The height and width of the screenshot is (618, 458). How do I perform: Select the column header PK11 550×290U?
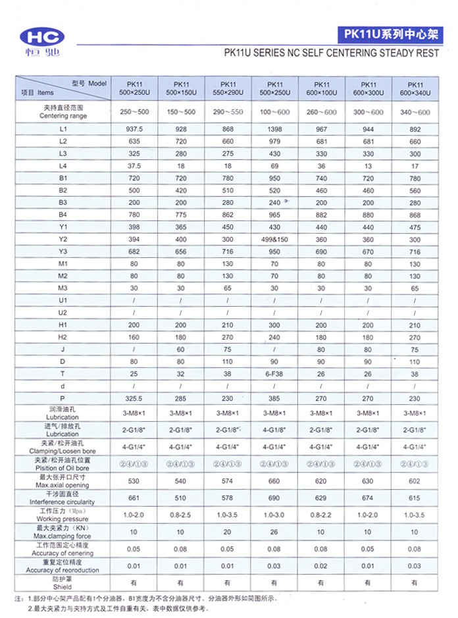point(228,89)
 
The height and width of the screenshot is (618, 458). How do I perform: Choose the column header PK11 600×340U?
point(415,89)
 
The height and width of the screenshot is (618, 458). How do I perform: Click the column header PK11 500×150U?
point(181,89)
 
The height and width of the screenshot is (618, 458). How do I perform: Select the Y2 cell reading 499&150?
point(275,238)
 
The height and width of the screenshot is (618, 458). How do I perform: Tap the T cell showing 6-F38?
point(275,374)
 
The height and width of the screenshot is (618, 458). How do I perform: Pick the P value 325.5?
point(134,398)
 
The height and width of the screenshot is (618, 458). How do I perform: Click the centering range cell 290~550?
point(228,112)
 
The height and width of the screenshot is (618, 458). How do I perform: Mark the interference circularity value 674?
point(368,498)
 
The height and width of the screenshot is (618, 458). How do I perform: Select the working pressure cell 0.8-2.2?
point(321,515)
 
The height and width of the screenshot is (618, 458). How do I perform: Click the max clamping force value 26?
point(275,532)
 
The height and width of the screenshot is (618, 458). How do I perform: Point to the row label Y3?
point(63,251)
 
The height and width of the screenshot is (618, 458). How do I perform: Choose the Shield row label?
point(63,582)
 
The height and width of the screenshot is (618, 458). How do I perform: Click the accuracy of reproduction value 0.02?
point(321,565)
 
